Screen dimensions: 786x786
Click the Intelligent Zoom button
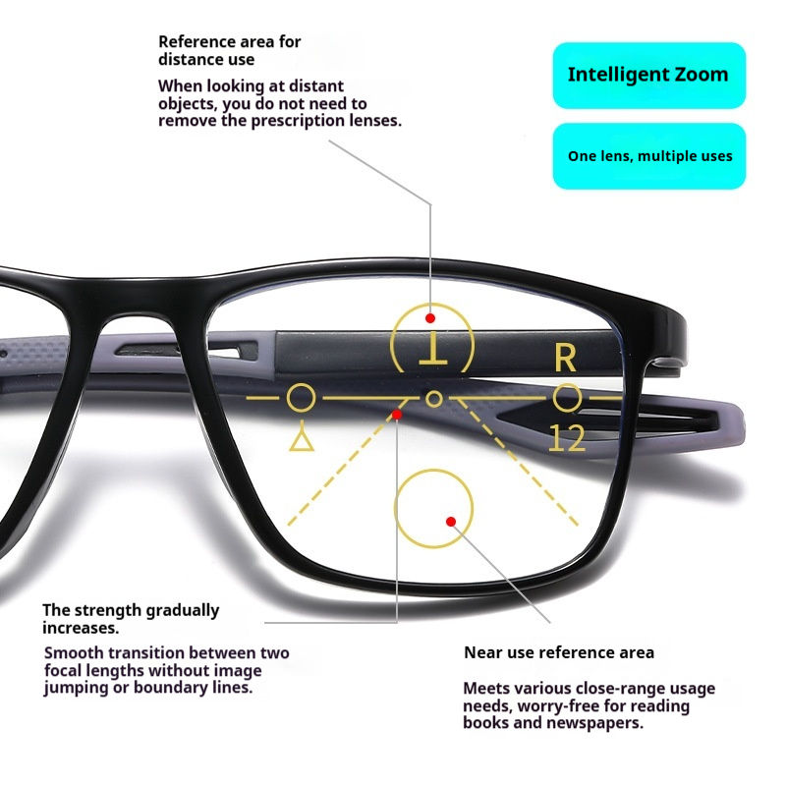pos(648,75)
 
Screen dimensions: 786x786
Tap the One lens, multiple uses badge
pos(648,155)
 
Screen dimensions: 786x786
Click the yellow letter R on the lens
pos(565,359)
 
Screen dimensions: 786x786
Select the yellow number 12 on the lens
pos(567,438)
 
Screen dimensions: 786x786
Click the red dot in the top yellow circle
pos(429,318)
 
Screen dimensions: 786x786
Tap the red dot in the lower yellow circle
pos(450,521)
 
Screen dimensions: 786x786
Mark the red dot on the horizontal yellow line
pos(397,415)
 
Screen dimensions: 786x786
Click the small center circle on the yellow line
pos(433,398)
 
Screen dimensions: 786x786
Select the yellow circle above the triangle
pos(302,398)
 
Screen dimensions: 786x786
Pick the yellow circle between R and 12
pos(566,398)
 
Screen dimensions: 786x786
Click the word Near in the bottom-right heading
pos(482,652)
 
